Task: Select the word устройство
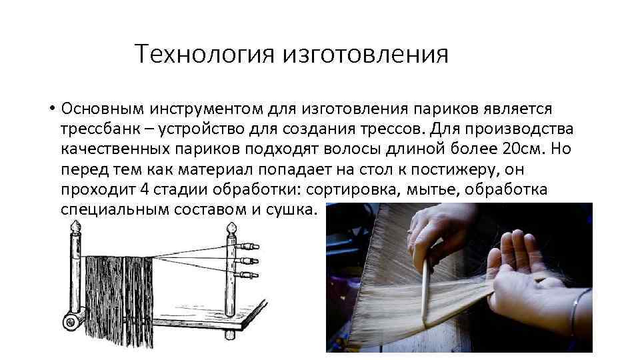pos(205,128)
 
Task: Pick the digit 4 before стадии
pos(145,189)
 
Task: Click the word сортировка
pos(350,189)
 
